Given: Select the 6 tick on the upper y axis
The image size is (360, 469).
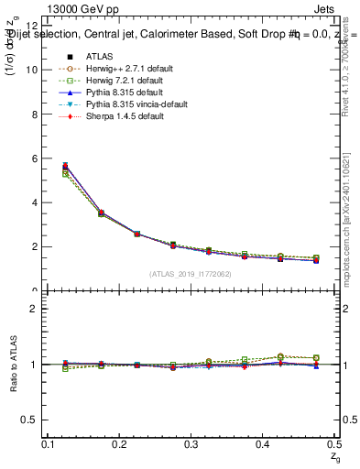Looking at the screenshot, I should (x=34, y=158).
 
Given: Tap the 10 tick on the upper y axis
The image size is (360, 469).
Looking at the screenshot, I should (x=31, y=70).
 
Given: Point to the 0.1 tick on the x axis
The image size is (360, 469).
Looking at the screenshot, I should (x=49, y=444).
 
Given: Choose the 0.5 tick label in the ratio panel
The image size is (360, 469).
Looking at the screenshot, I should (x=30, y=420).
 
